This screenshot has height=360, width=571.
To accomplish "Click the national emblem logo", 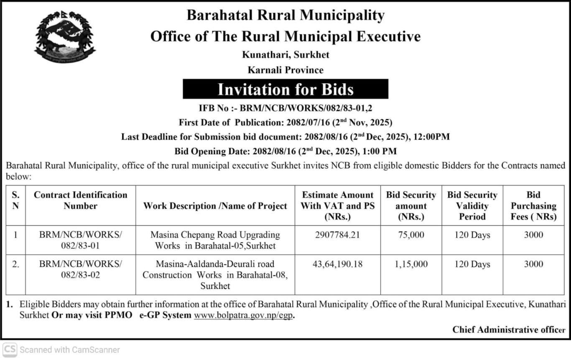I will pyautogui.click(x=65, y=37).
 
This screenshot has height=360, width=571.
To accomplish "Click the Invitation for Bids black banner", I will pyautogui.click(x=285, y=89).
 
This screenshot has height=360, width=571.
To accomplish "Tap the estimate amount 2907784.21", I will pyautogui.click(x=337, y=235).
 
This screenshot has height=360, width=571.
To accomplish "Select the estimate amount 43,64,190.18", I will pyautogui.click(x=337, y=264).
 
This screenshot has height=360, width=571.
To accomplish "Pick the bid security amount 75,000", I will pyautogui.click(x=411, y=235).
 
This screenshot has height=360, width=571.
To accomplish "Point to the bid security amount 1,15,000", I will pyautogui.click(x=411, y=264).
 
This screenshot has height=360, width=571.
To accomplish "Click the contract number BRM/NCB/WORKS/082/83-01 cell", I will pyautogui.click(x=80, y=240).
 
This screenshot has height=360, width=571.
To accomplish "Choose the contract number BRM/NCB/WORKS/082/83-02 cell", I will pyautogui.click(x=80, y=269).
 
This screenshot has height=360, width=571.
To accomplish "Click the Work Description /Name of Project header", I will pyautogui.click(x=215, y=206).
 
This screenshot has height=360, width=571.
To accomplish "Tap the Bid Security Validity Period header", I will pyautogui.click(x=472, y=206).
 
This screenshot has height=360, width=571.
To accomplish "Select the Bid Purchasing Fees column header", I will pyautogui.click(x=533, y=206).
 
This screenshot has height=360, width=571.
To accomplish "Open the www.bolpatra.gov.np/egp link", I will pyautogui.click(x=243, y=315).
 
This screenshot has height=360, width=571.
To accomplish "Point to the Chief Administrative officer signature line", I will pyautogui.click(x=509, y=329).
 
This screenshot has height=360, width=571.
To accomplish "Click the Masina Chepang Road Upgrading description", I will pyautogui.click(x=215, y=240).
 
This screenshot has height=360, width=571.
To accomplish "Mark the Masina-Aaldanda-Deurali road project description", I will pyautogui.click(x=215, y=275).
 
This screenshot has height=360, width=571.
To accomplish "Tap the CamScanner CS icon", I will pyautogui.click(x=10, y=350).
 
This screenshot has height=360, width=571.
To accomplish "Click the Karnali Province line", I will pyautogui.click(x=285, y=70).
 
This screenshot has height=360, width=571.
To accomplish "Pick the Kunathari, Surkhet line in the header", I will pyautogui.click(x=285, y=55).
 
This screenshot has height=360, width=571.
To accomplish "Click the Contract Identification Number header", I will pyautogui.click(x=80, y=200).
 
